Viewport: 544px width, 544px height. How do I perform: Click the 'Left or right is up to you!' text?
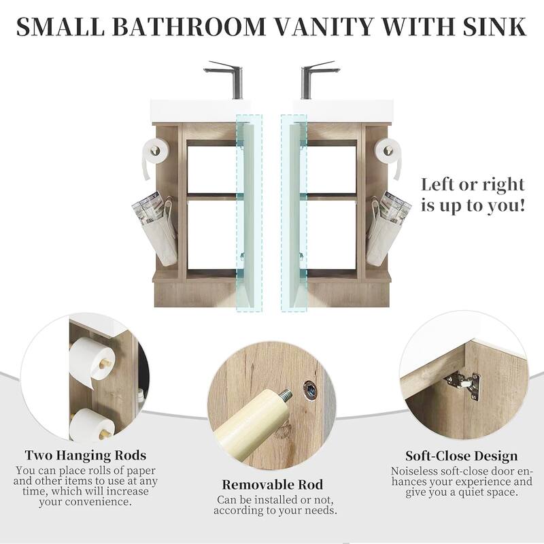pyautogui.click(x=473, y=194)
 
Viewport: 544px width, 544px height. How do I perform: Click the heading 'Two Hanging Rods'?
pyautogui.click(x=86, y=456)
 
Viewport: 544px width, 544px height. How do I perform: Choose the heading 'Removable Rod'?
pyautogui.click(x=272, y=485)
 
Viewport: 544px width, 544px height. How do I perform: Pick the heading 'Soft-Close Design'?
pyautogui.click(x=462, y=456)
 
